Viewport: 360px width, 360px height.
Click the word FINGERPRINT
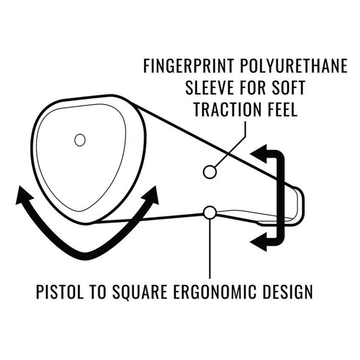pyautogui.click(x=188, y=66)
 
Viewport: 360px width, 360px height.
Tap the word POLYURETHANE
pyautogui.click(x=294, y=66)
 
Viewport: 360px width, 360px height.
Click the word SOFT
pyautogui.click(x=289, y=87)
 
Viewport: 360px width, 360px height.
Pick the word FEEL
pyautogui.click(x=283, y=109)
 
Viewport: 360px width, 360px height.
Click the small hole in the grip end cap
pyautogui.click(x=80, y=140)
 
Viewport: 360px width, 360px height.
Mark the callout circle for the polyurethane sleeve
pyautogui.click(x=209, y=172)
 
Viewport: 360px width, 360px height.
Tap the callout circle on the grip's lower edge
pyautogui.click(x=210, y=213)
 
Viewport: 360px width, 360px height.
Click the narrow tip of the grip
pyautogui.click(x=303, y=205)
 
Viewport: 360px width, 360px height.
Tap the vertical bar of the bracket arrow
pyautogui.click(x=281, y=197)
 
